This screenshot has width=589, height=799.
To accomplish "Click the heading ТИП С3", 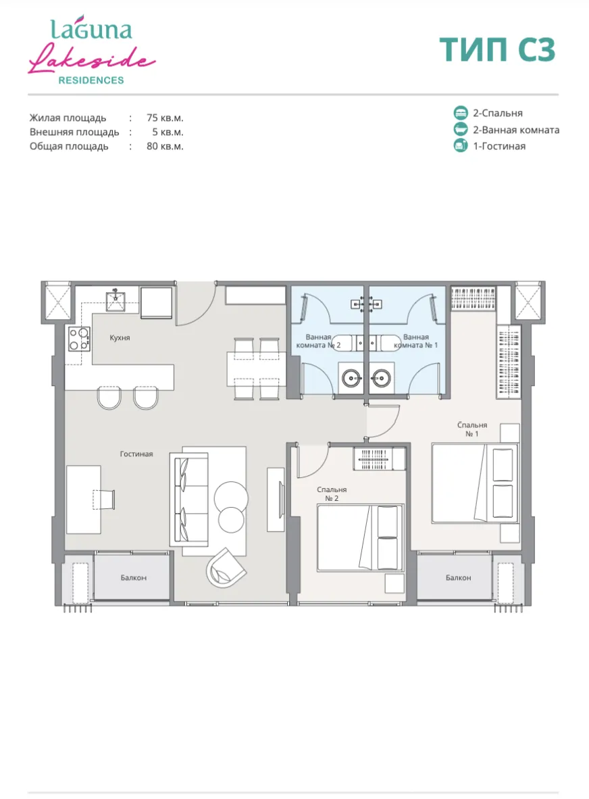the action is click(x=497, y=50).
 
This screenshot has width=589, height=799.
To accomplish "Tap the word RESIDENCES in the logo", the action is click(x=91, y=80).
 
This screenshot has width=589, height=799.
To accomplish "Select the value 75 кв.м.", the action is click(x=165, y=118).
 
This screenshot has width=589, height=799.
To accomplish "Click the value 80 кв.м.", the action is click(x=165, y=146).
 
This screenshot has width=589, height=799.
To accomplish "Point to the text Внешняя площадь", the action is click(x=74, y=132).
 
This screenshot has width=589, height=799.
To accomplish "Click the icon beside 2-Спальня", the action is click(x=460, y=113).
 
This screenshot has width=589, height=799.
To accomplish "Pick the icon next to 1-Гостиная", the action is click(x=460, y=146).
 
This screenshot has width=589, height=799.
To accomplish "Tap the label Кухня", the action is click(x=120, y=337).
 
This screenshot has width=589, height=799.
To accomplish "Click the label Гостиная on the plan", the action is click(x=136, y=454).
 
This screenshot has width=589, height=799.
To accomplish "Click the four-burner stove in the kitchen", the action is click(x=80, y=339).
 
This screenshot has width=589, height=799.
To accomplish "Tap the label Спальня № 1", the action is click(x=472, y=429).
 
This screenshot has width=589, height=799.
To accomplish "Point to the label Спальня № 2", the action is click(x=332, y=493).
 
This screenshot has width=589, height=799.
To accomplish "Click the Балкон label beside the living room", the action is click(x=133, y=577).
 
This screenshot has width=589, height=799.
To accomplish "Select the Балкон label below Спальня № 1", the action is click(x=458, y=577).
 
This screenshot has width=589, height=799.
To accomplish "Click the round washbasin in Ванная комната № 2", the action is click(x=351, y=379).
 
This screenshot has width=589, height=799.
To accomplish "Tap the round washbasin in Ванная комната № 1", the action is click(x=380, y=379).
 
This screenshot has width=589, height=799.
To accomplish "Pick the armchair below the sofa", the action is click(x=226, y=568).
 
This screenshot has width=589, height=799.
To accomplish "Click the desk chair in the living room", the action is click(x=104, y=499).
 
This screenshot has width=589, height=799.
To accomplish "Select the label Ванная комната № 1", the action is click(x=415, y=341).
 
